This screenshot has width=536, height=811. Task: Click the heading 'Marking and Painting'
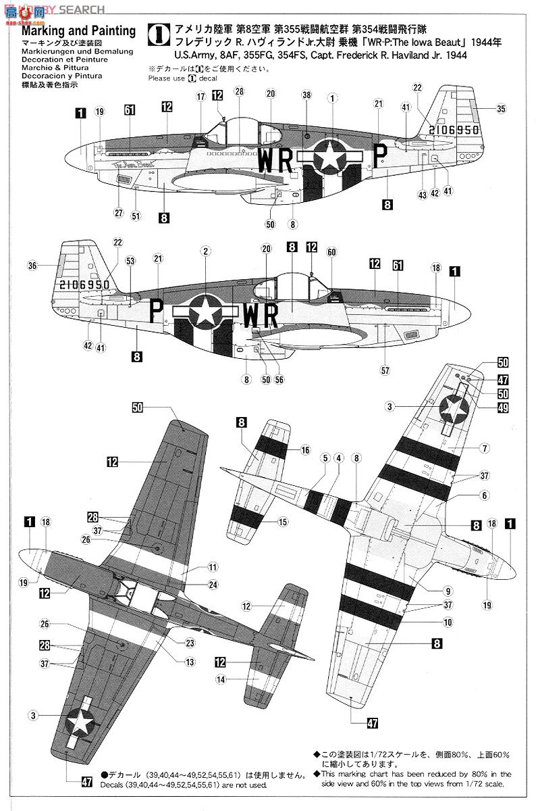78,31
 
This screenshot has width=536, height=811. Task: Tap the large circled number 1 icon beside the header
158,33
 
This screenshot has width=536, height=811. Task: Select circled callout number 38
306,96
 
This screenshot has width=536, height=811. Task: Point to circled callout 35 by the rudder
500,108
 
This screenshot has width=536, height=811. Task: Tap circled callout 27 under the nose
119,213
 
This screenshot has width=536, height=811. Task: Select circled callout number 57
385,371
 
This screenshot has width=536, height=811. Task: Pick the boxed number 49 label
503,408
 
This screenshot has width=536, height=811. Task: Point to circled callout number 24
213,585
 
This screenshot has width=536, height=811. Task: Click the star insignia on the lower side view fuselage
203,312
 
